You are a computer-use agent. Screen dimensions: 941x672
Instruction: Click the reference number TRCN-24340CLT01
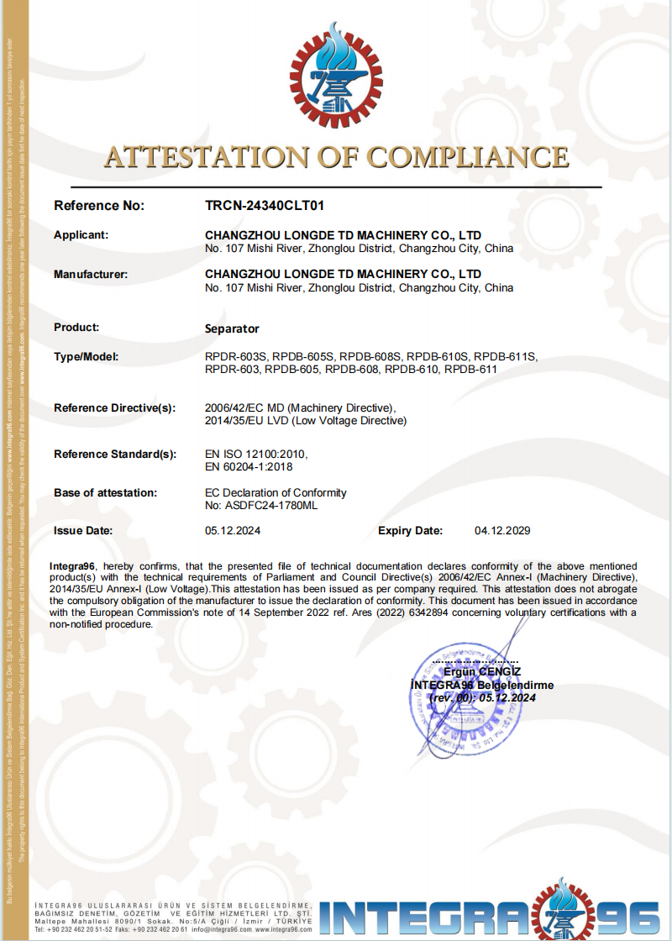click(x=265, y=205)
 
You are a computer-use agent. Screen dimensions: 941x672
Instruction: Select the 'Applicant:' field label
click(x=81, y=235)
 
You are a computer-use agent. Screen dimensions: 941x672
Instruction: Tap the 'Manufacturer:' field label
click(x=91, y=274)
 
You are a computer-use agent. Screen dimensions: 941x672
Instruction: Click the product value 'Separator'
click(x=232, y=329)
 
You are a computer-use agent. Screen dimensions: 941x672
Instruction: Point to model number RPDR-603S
click(x=236, y=357)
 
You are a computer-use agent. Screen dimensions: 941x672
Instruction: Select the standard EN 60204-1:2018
click(x=249, y=466)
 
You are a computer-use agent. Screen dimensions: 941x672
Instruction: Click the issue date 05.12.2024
click(x=234, y=531)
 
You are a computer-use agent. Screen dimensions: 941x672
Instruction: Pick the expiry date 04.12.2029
click(x=502, y=531)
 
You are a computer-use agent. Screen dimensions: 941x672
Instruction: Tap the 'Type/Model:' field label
click(x=86, y=357)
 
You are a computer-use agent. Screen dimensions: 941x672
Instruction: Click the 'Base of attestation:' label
click(x=105, y=492)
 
